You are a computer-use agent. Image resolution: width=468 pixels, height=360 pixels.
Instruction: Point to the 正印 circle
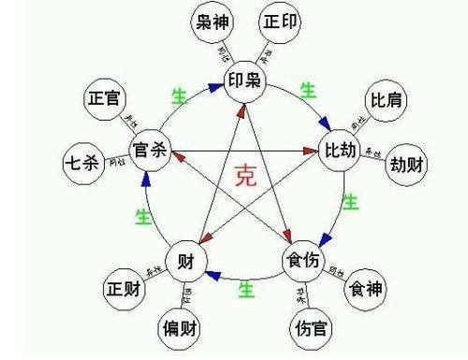(x=283, y=23)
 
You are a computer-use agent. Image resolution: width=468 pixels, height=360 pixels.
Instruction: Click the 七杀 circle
(x=80, y=162)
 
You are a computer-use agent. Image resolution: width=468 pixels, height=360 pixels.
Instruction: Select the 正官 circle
(x=106, y=97)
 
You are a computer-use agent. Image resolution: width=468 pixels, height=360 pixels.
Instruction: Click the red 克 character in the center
(x=245, y=178)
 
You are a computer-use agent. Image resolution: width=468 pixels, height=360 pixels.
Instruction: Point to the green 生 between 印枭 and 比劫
(x=308, y=91)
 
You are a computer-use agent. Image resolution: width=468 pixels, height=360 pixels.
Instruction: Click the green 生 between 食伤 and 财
(x=245, y=290)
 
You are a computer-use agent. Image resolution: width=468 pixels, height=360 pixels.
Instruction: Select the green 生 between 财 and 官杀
(x=143, y=217)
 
